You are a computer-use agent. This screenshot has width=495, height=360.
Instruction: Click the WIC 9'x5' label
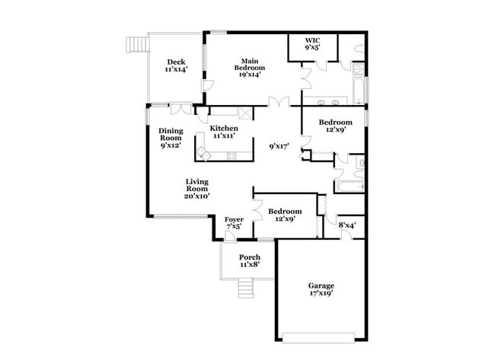[312, 43]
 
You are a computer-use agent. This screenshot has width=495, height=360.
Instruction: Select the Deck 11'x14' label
[176, 65]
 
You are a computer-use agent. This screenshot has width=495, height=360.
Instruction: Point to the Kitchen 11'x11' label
[222, 132]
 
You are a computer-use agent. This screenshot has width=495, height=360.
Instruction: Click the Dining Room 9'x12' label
[171, 138]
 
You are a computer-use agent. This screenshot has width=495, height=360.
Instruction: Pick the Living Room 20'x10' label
[197, 189]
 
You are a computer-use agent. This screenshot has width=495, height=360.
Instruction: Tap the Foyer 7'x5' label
[234, 222]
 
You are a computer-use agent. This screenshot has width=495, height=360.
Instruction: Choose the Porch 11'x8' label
[250, 261]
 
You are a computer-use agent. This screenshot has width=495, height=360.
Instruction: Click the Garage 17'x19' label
[321, 290]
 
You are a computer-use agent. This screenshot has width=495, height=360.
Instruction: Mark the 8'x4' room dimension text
[348, 225]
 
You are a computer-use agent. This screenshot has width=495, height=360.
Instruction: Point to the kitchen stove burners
[232, 157]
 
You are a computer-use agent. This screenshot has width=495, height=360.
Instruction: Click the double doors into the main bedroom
[279, 101]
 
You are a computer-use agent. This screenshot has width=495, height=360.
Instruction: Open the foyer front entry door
[230, 236]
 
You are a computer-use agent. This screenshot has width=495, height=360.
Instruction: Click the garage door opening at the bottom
[321, 336]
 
